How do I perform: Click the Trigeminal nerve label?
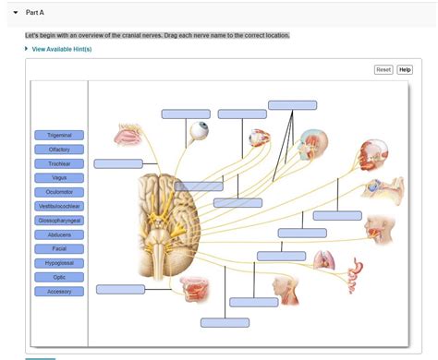click(x=59, y=135)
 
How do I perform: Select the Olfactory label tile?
click(x=59, y=149)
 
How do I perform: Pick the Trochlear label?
click(x=59, y=163)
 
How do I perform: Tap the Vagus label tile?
click(x=59, y=177)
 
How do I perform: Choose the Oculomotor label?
click(x=59, y=192)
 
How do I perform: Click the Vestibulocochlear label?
click(x=59, y=206)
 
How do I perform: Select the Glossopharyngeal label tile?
click(x=59, y=221)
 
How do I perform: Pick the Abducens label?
click(x=59, y=234)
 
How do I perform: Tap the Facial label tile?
click(x=59, y=248)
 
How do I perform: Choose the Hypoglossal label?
click(x=59, y=263)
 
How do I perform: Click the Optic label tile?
click(x=59, y=277)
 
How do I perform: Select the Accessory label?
click(x=59, y=292)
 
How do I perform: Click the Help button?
click(x=405, y=70)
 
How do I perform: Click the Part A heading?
click(x=35, y=13)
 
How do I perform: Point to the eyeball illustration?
click(x=199, y=133)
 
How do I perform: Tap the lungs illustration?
click(x=324, y=260)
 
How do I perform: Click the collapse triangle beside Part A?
click(x=16, y=13)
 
